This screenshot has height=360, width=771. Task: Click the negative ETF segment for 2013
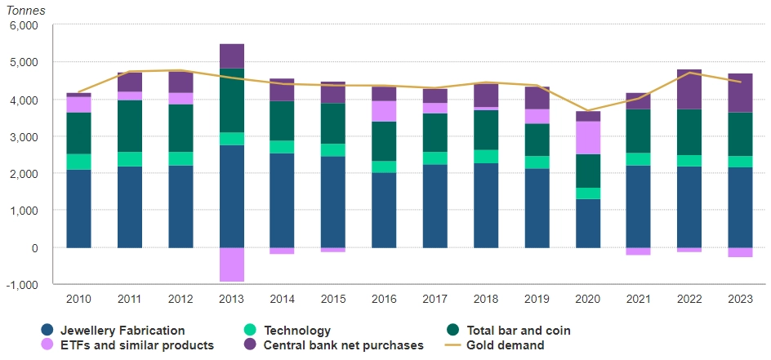tap(231, 264)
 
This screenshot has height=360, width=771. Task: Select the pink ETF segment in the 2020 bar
tap(587, 138)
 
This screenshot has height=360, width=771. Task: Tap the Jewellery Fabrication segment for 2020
tap(587, 223)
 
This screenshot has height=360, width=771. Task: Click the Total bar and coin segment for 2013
tap(231, 100)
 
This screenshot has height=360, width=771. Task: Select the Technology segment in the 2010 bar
tap(78, 162)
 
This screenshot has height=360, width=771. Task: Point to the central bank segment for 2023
tap(740, 93)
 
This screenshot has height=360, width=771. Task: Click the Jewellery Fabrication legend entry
tap(114, 331)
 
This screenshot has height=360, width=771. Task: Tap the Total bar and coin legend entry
tap(515, 331)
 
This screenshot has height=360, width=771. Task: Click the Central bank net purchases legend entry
tap(334, 345)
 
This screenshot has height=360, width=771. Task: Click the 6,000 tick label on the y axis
tap(24, 25)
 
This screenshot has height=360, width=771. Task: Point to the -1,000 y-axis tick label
tap(22, 284)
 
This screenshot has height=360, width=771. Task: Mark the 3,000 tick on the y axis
tap(24, 136)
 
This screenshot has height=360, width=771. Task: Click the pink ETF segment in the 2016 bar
tap(384, 111)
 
